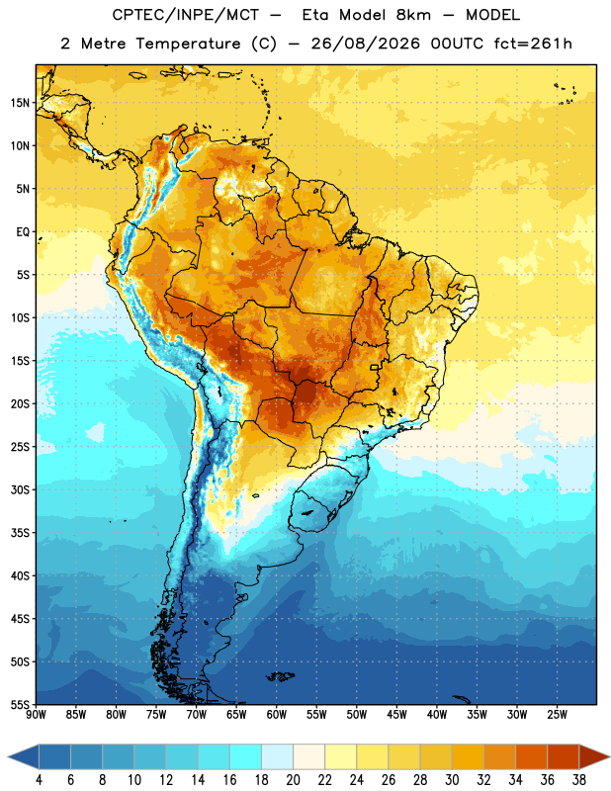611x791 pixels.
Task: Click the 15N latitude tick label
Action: coord(20,103)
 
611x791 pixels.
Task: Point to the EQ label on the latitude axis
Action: coord(23,232)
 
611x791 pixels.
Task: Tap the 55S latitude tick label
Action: coord(20,704)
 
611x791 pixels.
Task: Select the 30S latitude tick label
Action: coord(20,489)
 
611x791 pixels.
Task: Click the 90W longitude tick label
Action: coord(36,715)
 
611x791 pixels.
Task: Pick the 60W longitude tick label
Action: coord(277,715)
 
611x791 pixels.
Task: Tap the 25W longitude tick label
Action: coord(557,715)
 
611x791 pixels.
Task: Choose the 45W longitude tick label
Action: coord(396,715)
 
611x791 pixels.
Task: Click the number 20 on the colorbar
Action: coord(293,780)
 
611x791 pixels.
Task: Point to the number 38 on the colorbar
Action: coord(579,780)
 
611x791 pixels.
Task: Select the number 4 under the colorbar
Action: coord(39,780)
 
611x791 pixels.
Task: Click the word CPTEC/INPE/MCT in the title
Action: coord(186,15)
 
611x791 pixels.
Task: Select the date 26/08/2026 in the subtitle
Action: coord(365,44)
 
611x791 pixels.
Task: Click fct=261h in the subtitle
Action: coord(533,44)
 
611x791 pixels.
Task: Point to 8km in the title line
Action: coord(413,15)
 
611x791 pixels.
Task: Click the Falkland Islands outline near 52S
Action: coord(281,676)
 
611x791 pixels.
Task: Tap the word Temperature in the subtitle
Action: coord(188,44)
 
